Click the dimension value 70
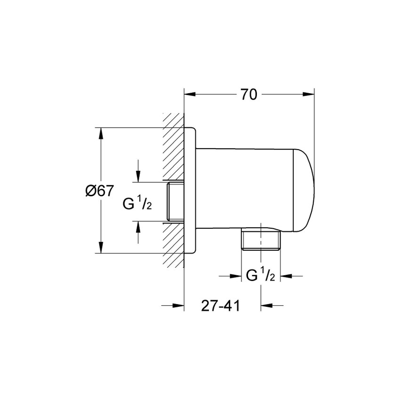tap(249, 94)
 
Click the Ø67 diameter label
tap(100, 191)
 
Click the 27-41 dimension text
tap(221, 306)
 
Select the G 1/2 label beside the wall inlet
tap(137, 204)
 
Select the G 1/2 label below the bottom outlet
tap(261, 276)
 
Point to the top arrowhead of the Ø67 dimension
tap(100, 133)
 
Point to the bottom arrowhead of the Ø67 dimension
tap(100, 248)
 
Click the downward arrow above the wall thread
tap(138, 176)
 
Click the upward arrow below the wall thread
tap(138, 227)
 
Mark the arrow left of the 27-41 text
tap(177, 306)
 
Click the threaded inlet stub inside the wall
tap(174, 201)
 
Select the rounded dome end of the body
tap(303, 190)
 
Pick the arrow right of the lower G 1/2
tap(286, 276)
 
